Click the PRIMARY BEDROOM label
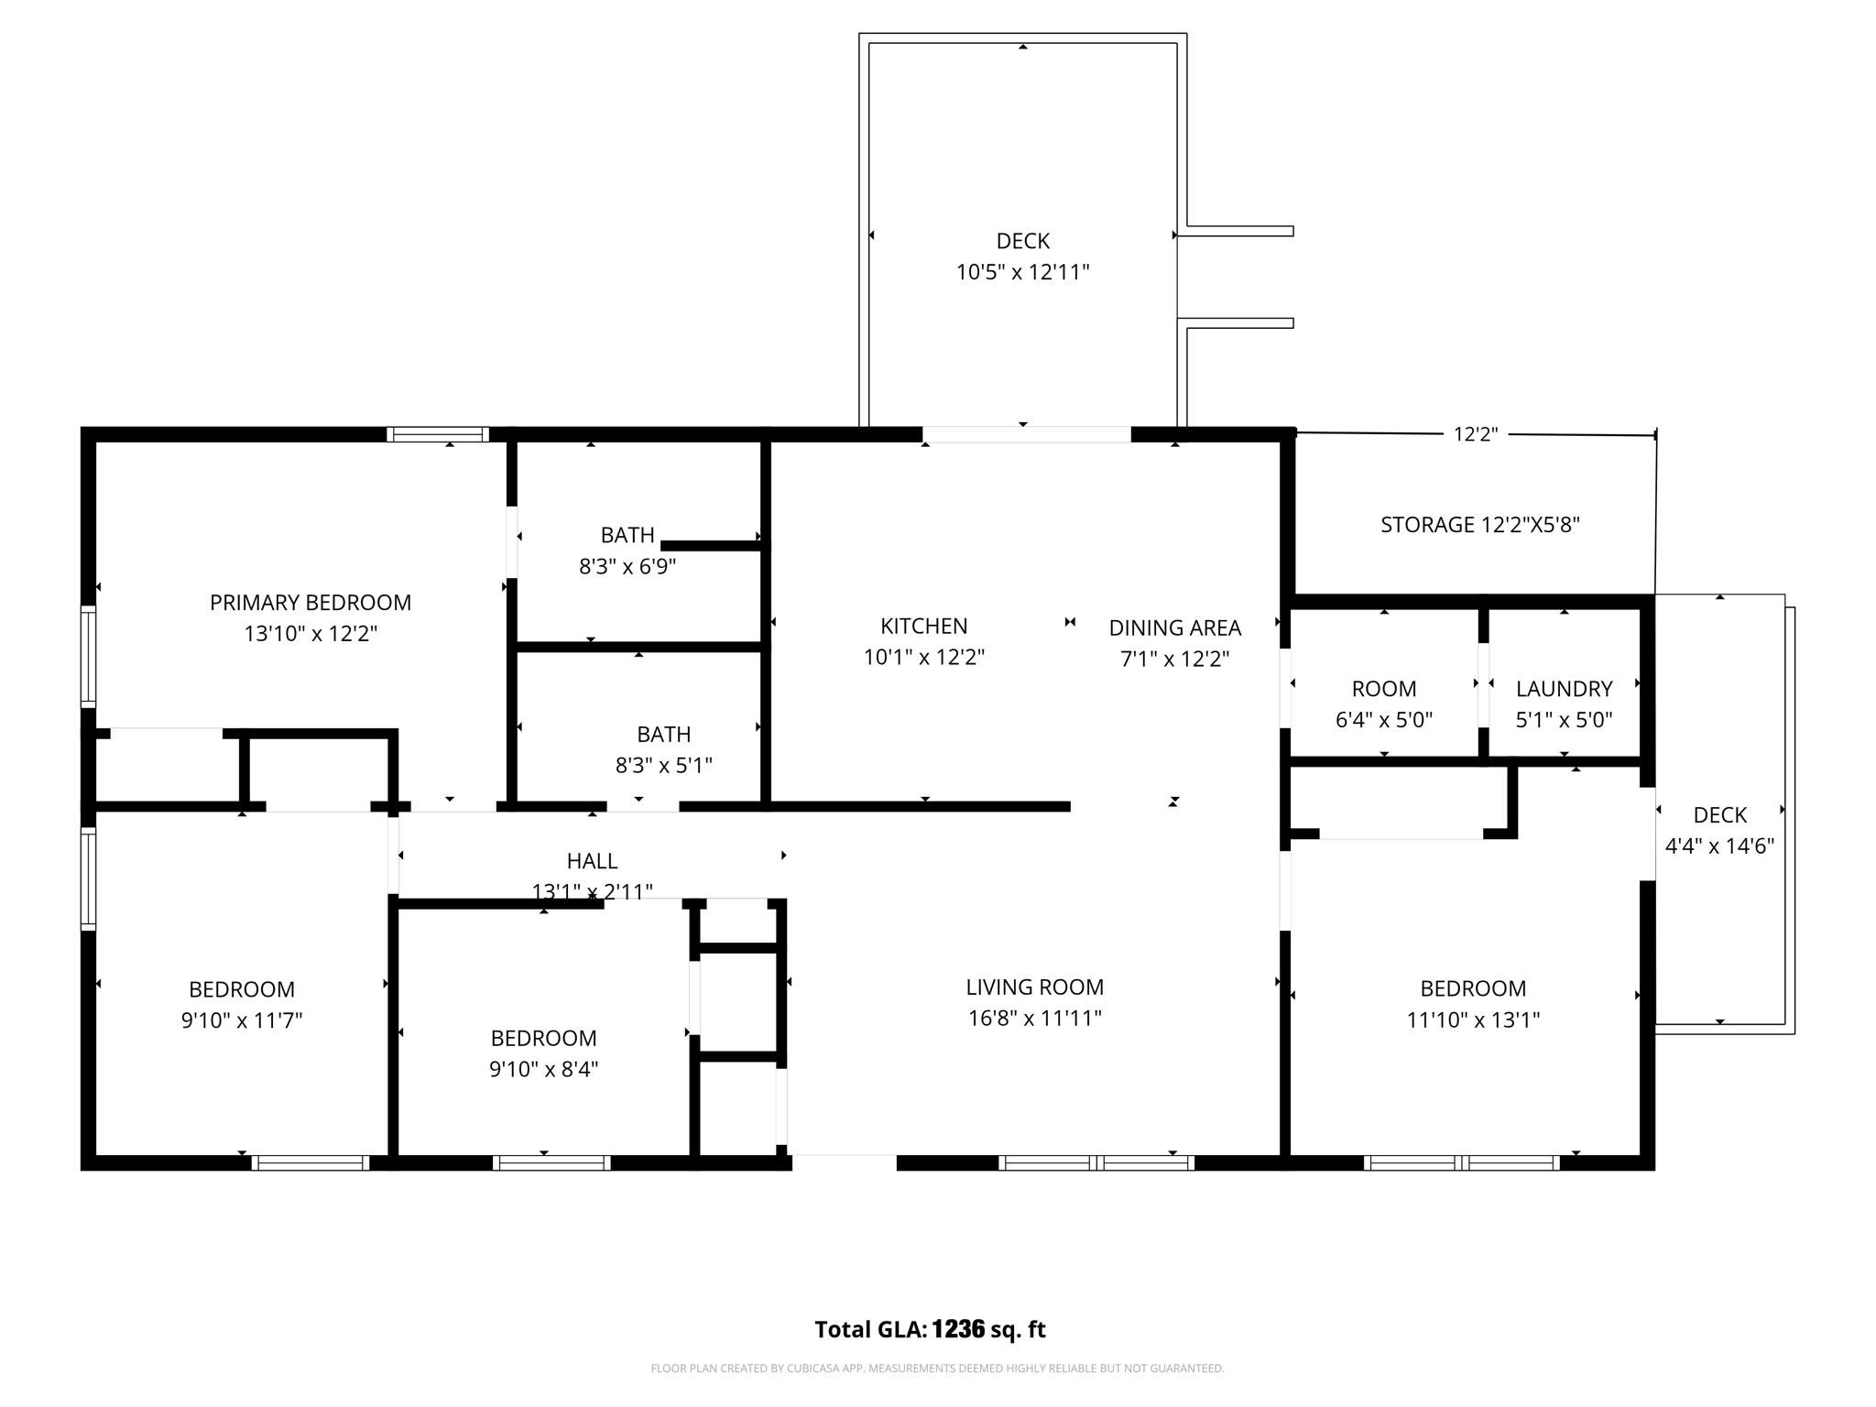coord(311,603)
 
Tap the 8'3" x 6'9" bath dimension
coord(627,567)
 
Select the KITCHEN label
coord(923,626)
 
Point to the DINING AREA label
coord(1174,627)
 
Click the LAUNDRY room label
coord(1564,689)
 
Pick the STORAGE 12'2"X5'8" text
coord(1479,525)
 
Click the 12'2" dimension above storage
coord(1475,435)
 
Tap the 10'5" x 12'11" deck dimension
coord(1022,272)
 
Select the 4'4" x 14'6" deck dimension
coord(1719,846)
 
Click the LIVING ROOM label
coord(1034,987)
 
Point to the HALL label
coord(592,861)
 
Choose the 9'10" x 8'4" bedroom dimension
coord(543,1069)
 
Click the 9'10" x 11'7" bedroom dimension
coord(242,1020)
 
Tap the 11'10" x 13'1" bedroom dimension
coord(1473,1020)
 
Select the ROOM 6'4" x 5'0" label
coord(1383,689)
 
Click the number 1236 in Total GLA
coord(957,1329)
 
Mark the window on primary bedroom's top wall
coord(437,434)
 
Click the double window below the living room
coord(1096,1163)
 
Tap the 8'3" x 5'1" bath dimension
coord(663,765)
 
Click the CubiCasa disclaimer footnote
coord(937,1369)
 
